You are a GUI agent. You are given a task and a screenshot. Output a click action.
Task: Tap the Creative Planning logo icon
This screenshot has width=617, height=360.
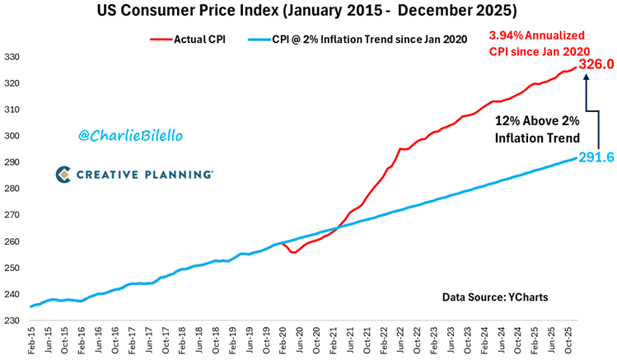(x=66, y=174)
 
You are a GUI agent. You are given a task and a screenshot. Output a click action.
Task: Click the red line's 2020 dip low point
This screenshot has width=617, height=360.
(x=294, y=252)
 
